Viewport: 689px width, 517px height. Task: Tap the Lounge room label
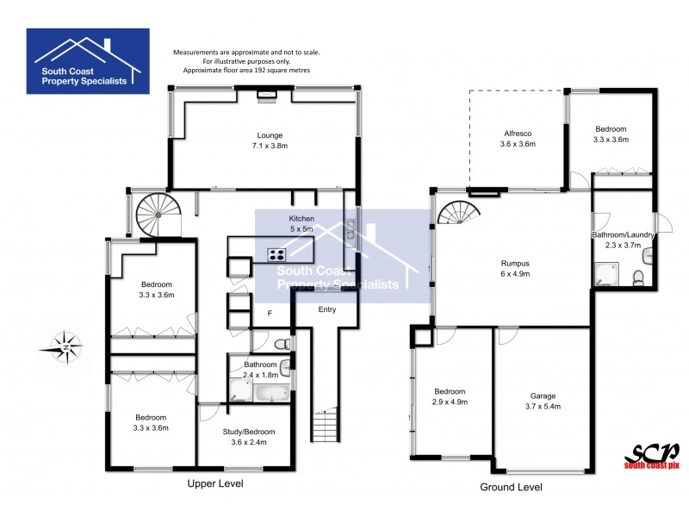click(269, 135)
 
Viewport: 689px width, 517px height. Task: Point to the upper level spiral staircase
click(155, 215)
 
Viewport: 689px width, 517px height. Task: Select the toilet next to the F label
click(282, 343)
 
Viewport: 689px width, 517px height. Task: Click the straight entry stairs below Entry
click(323, 426)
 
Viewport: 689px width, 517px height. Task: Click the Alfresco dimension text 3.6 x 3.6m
click(518, 145)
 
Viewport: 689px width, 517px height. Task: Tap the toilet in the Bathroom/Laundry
click(638, 277)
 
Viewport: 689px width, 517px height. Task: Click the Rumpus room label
click(515, 263)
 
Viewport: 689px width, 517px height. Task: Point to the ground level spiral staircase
click(456, 212)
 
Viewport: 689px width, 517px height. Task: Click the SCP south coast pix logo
click(651, 456)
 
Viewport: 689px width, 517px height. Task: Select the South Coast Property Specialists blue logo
click(88, 60)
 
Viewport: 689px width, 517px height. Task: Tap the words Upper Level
click(215, 484)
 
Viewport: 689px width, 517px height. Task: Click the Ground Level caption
click(511, 487)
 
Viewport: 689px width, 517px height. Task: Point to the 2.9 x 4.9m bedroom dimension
click(450, 401)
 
